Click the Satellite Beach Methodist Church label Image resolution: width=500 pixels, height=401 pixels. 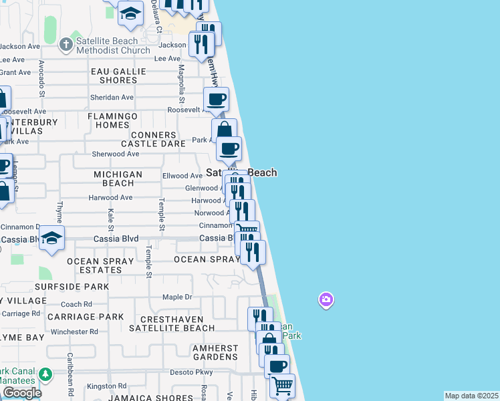point(113,45)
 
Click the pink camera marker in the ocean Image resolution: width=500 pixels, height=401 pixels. point(326,300)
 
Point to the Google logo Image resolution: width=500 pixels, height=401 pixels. point(21,393)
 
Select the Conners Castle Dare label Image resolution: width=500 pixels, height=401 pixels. point(148,139)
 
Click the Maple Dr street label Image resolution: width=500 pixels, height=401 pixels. point(177,297)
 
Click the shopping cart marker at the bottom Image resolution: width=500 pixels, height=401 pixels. point(282,385)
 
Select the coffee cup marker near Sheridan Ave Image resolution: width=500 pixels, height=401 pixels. point(216,100)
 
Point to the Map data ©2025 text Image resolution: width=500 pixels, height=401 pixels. point(471,396)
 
